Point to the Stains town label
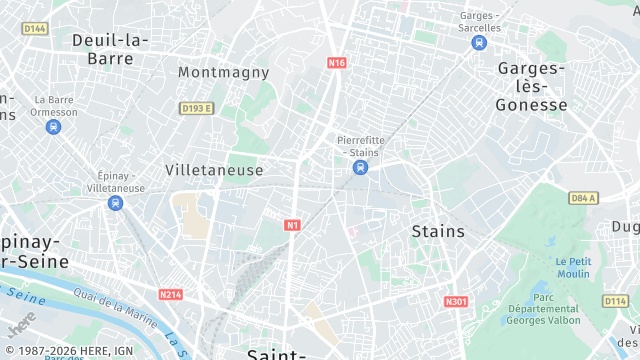coord(438,231)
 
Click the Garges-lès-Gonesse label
coord(532,86)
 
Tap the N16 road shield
coord(336,63)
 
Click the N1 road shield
coord(293,225)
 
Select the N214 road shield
coord(170,295)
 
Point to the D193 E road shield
coord(197,108)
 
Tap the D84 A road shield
coord(583,198)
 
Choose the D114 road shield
coord(615,300)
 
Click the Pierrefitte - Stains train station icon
coord(359,167)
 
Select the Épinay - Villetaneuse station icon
coord(116,203)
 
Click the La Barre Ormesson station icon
coord(53,127)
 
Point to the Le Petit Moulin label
coord(573,267)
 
